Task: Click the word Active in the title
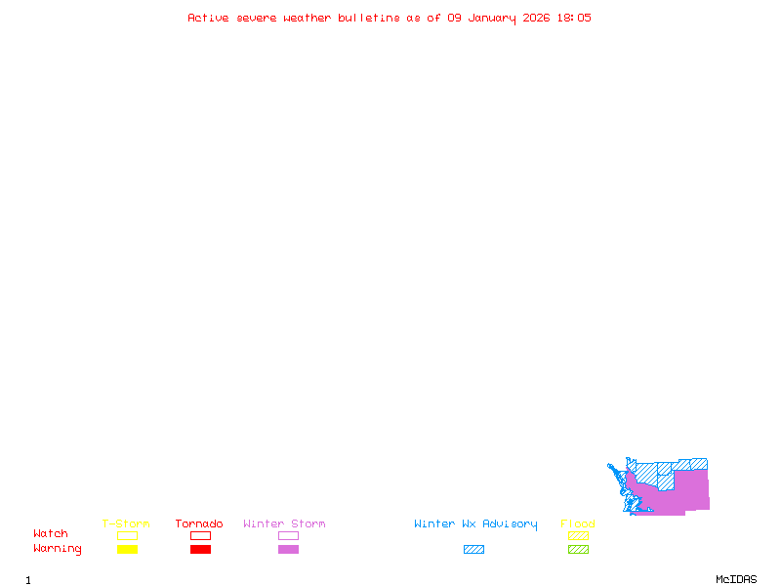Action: point(208,18)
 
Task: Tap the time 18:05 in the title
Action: point(573,18)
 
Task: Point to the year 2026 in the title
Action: point(536,18)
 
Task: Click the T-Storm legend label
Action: point(126,524)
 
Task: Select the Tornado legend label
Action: point(199,524)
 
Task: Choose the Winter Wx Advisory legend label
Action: point(475,524)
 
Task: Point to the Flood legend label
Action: point(578,524)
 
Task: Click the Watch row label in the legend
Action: point(51,534)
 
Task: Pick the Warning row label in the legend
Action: point(58,549)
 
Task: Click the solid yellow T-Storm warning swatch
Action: point(127,549)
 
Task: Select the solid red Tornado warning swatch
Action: point(200,549)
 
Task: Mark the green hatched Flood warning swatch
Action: point(578,549)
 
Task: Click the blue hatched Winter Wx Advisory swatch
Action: point(473,549)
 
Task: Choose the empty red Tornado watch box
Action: point(200,535)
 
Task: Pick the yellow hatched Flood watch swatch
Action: point(578,535)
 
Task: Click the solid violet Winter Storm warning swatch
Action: point(288,549)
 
